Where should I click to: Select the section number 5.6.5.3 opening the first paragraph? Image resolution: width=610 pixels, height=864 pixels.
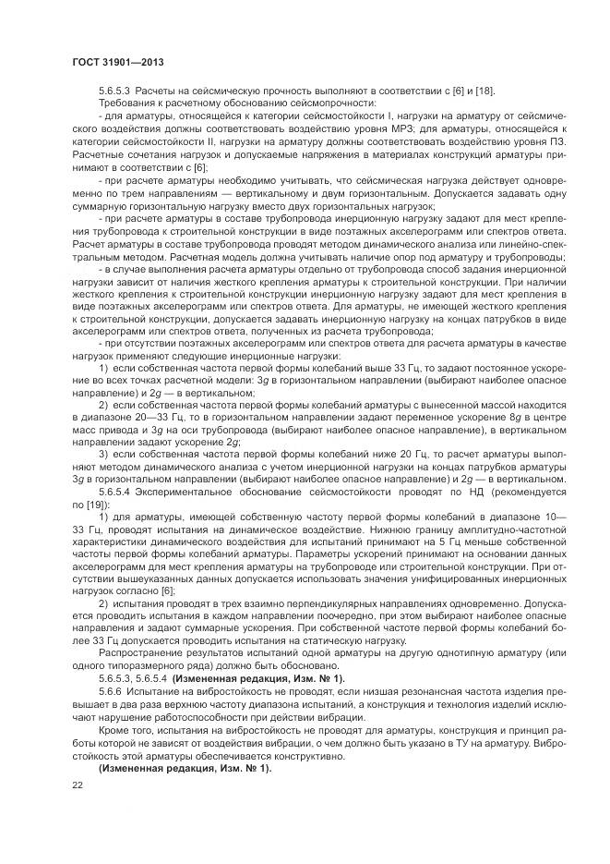[x=117, y=91]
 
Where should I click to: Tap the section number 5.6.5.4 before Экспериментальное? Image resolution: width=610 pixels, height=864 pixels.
[x=117, y=492]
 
